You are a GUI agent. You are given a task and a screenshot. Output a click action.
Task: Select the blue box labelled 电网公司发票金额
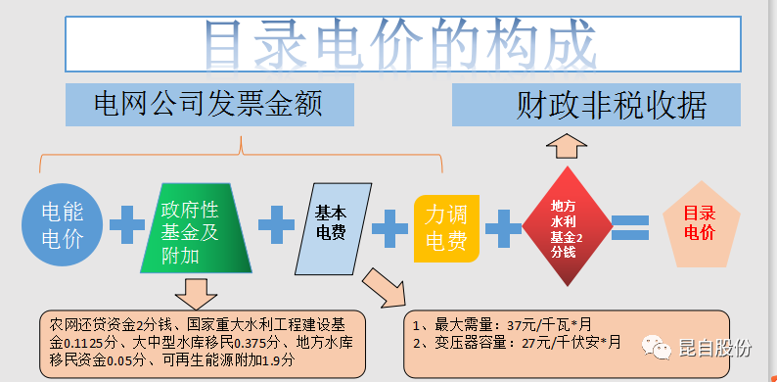click(x=209, y=104)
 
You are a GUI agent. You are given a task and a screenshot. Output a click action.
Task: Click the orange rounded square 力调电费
click(x=446, y=227)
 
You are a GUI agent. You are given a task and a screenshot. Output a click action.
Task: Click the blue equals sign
click(x=629, y=228)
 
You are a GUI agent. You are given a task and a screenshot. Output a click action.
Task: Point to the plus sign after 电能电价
click(x=126, y=226)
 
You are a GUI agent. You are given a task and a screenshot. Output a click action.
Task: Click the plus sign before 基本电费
click(x=276, y=226)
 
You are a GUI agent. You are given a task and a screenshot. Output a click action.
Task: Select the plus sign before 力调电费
click(x=389, y=228)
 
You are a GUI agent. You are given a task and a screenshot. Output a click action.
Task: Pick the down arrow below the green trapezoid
click(x=195, y=291)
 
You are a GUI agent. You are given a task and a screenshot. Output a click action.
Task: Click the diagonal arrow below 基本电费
click(x=384, y=286)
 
